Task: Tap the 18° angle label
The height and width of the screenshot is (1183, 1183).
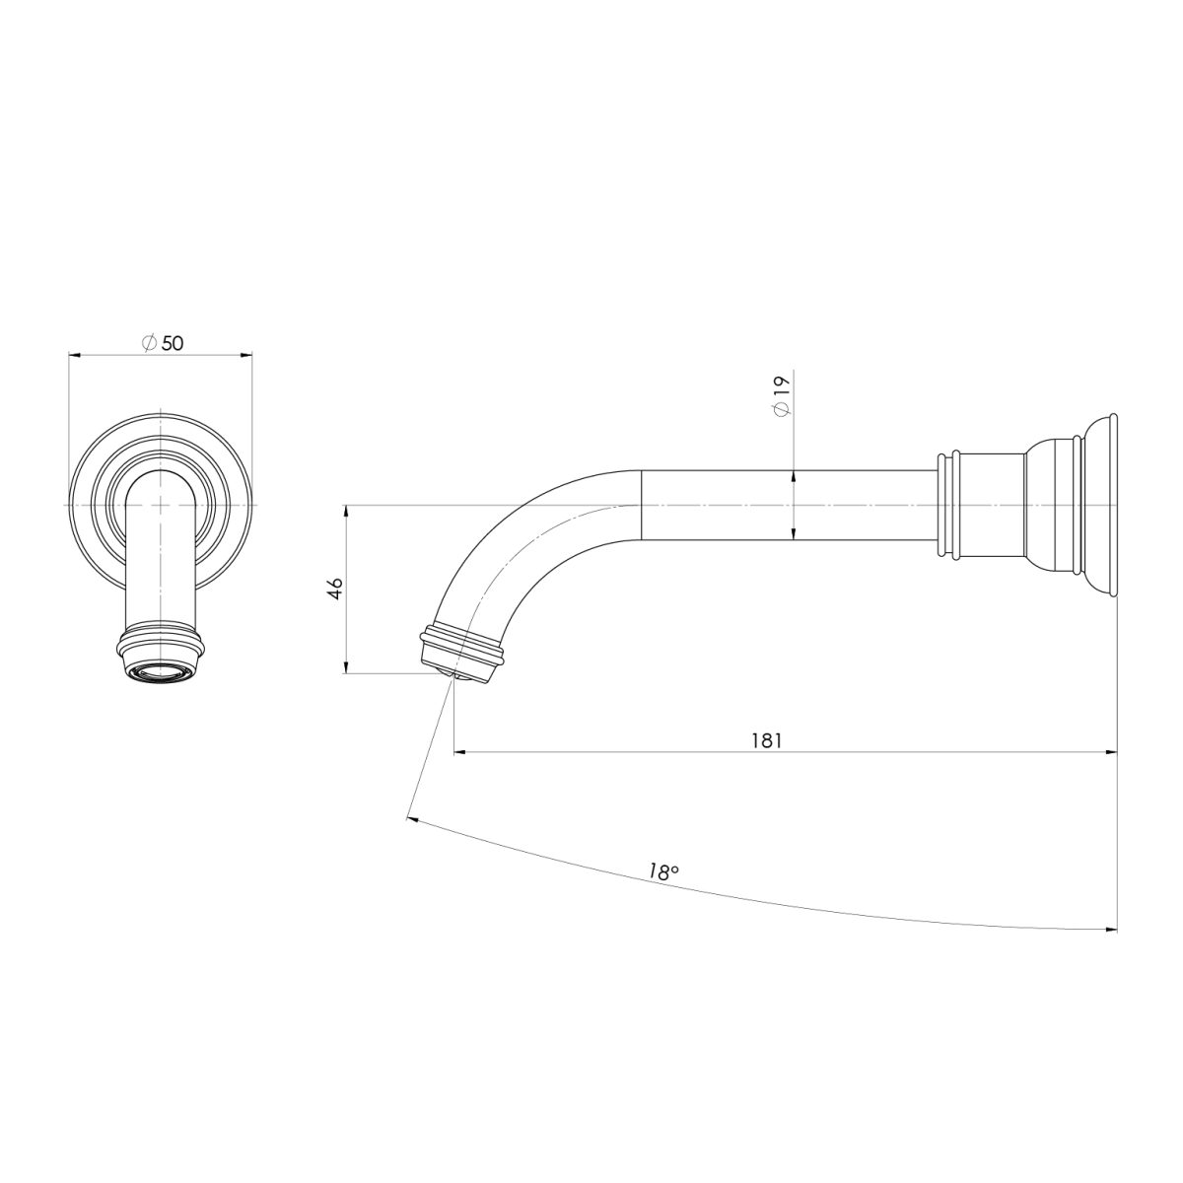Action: coord(664,871)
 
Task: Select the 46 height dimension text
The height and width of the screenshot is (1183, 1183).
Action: coord(335,590)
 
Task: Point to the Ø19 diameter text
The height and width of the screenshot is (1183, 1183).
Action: coord(782,397)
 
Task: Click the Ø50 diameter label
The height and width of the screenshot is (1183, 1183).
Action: coord(164,342)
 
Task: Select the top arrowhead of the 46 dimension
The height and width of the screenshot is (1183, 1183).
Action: coord(347,512)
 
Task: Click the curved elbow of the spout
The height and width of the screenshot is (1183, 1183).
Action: coord(513,552)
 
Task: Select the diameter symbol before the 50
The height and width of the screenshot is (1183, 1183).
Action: coord(148,342)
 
